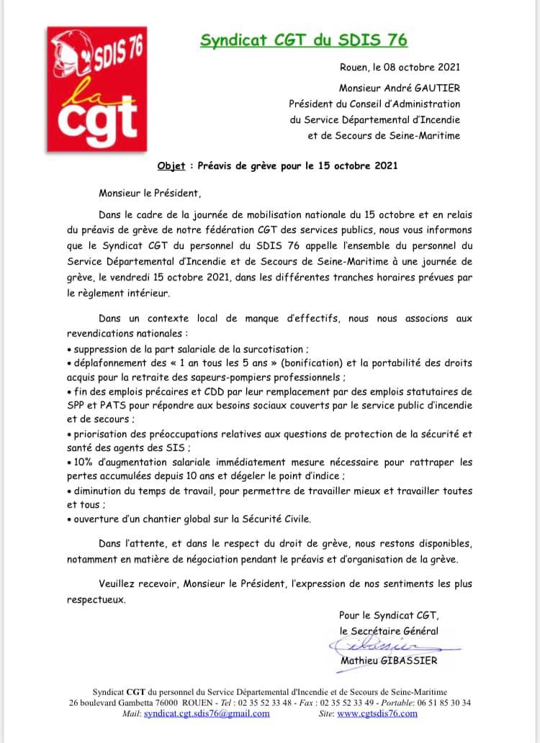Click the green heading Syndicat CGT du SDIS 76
[x=304, y=40]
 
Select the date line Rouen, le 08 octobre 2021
[x=399, y=68]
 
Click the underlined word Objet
[x=171, y=165]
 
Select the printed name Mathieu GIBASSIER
[x=388, y=660]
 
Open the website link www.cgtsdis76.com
[x=377, y=714]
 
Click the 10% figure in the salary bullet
[x=84, y=462]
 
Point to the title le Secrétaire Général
[x=388, y=630]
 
